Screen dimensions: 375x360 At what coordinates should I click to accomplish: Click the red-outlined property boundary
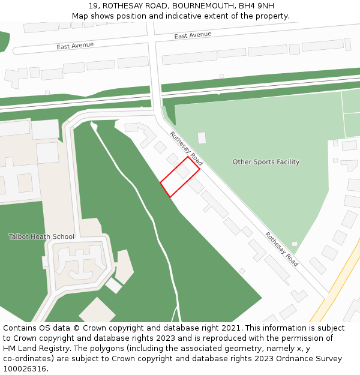click(x=180, y=177)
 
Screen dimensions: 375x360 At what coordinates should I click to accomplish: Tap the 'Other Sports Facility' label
click(x=266, y=162)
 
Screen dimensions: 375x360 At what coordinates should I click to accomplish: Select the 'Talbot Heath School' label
click(x=41, y=236)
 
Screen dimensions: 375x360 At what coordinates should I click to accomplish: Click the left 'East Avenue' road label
click(x=75, y=46)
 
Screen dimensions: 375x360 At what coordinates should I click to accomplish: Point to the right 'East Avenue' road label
click(x=193, y=35)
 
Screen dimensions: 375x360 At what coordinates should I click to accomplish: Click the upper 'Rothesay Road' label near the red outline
click(x=186, y=148)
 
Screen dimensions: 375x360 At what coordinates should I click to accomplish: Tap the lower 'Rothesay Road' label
click(x=281, y=249)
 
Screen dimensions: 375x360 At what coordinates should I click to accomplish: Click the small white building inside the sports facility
click(x=202, y=138)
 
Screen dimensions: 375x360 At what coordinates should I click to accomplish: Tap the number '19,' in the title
click(x=94, y=6)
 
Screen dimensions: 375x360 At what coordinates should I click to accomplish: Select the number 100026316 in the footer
click(x=23, y=369)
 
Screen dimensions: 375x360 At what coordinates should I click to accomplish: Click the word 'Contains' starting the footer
click(x=20, y=328)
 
